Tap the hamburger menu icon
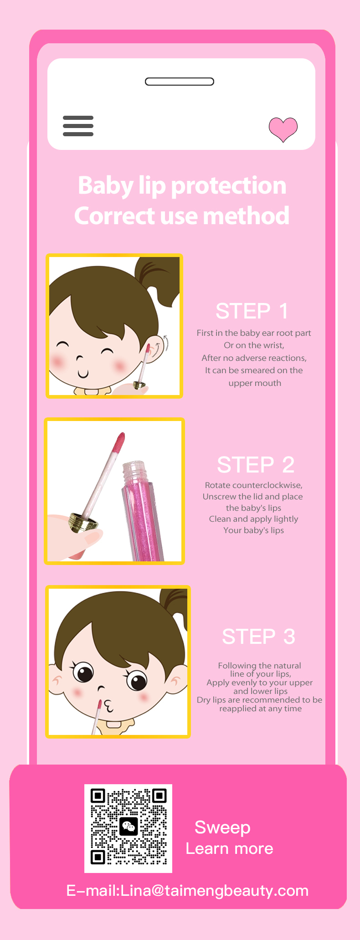click(78, 126)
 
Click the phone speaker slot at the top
click(180, 82)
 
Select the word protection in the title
click(228, 186)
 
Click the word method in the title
click(246, 216)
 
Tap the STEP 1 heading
click(252, 311)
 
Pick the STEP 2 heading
click(256, 465)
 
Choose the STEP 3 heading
click(258, 637)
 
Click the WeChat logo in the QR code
click(129, 826)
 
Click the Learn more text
click(229, 849)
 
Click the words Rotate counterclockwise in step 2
click(253, 485)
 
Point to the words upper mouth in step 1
click(255, 383)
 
